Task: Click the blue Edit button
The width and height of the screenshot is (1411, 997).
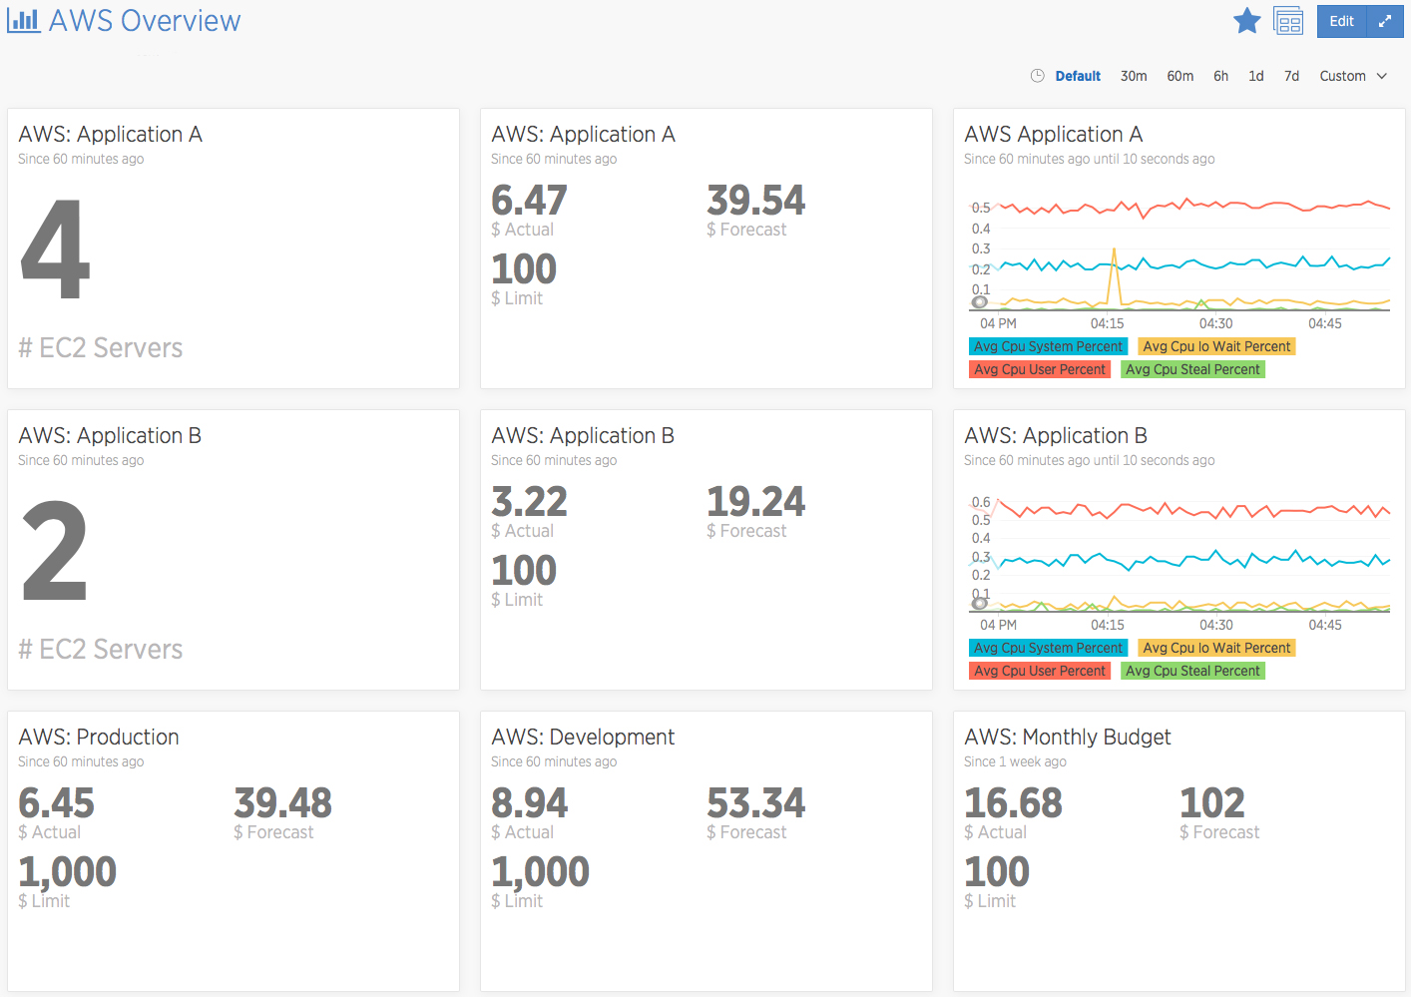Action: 1341,21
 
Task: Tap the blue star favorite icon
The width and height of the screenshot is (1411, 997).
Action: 1246,21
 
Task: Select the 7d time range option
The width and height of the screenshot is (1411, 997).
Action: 1291,76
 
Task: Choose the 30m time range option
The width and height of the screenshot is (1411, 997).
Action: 1134,76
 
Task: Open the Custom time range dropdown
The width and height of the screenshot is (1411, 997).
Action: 1352,76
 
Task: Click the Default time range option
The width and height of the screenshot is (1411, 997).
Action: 1078,76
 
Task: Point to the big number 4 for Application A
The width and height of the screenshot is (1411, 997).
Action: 56,248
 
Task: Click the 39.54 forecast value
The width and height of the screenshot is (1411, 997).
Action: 756,201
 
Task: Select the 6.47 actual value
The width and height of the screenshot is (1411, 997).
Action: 529,201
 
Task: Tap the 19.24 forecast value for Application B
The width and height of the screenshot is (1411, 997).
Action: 756,502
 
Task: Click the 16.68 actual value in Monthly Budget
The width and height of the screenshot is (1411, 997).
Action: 1013,803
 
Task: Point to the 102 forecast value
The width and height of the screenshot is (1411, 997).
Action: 1212,803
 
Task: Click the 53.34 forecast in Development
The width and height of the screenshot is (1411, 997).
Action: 756,803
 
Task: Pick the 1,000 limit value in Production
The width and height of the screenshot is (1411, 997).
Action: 68,872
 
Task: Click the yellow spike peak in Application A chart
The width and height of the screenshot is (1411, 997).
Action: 1114,249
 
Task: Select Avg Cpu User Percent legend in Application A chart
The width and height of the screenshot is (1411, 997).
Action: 1040,369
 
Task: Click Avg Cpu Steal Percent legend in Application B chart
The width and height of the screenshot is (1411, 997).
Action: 1192,671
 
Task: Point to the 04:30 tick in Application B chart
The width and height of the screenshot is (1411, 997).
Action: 1215,625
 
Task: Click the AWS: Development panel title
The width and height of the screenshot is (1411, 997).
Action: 583,737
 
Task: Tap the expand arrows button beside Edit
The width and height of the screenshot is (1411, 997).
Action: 1384,21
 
